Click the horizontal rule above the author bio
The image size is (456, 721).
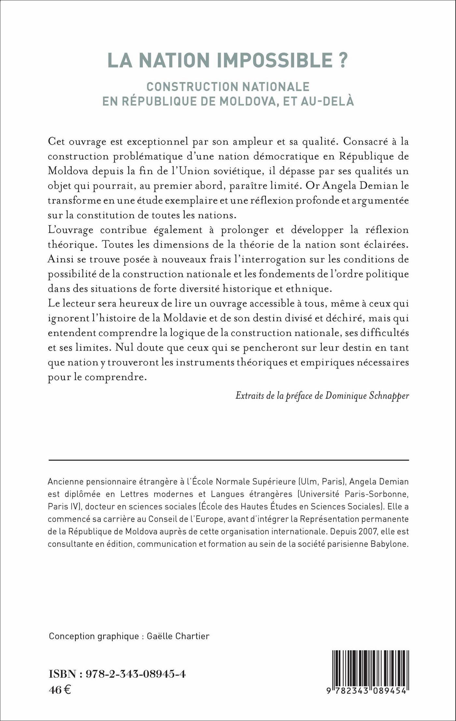click(228, 460)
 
